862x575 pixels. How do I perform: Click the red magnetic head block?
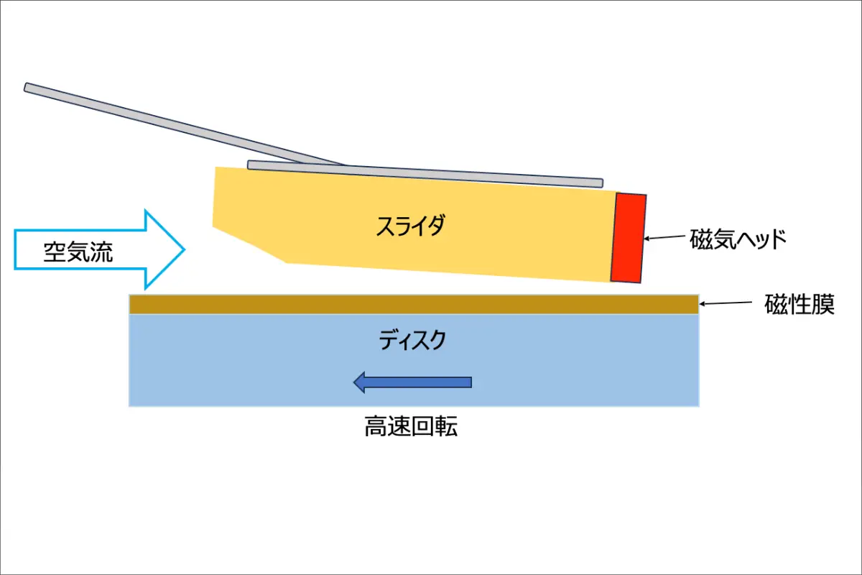[629, 239]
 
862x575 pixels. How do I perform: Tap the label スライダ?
[411, 226]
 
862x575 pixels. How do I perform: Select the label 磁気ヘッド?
[738, 239]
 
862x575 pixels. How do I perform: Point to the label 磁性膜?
[800, 304]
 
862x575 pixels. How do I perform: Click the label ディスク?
[412, 340]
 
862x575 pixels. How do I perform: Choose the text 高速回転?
[411, 426]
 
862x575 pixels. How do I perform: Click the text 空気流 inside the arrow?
[78, 252]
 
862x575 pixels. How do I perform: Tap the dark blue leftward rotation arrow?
[412, 382]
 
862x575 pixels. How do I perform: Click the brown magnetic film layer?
[414, 305]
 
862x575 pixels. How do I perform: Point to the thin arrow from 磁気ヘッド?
[664, 237]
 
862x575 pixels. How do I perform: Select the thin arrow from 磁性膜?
[726, 303]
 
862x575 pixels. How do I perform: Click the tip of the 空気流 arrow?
[185, 249]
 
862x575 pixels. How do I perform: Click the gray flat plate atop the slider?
[425, 174]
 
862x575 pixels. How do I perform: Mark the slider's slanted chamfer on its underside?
[250, 245]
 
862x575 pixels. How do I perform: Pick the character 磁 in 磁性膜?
[775, 304]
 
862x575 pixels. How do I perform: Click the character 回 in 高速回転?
[422, 426]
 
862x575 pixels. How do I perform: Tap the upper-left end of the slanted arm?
[26, 88]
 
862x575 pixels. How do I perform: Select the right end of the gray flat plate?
[602, 183]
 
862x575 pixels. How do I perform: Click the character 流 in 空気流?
[101, 252]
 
